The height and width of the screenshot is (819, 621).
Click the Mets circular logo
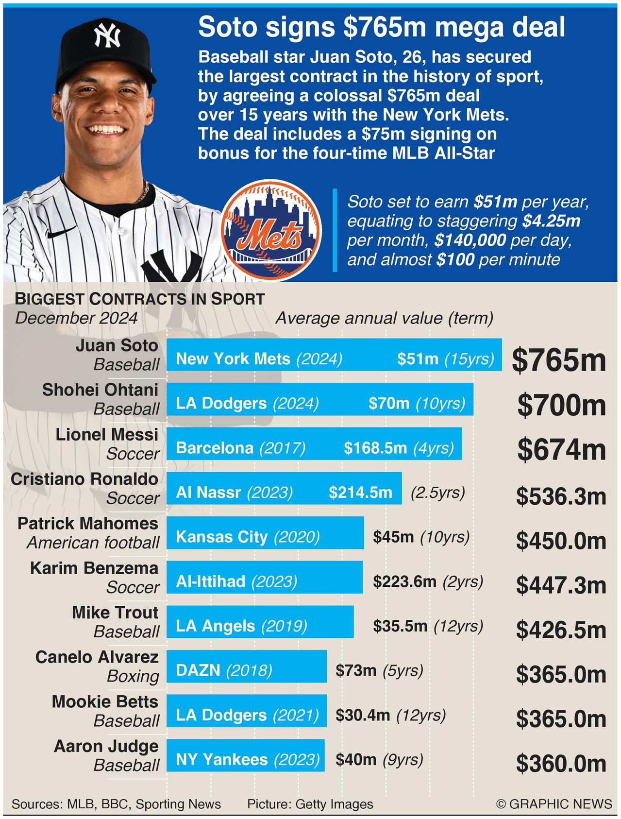click(x=271, y=230)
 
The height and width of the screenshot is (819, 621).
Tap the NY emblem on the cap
click(x=107, y=35)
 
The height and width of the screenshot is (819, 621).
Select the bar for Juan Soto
click(x=334, y=355)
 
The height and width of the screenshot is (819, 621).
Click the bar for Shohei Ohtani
click(x=319, y=399)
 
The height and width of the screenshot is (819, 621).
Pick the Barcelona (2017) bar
click(x=314, y=444)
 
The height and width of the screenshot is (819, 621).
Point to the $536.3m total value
click(x=561, y=496)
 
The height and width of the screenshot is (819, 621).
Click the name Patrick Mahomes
click(x=88, y=524)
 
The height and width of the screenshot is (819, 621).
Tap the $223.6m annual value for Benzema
click(x=404, y=581)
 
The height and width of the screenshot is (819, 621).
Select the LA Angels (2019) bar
click(x=260, y=622)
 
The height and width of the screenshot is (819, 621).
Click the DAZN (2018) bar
click(x=246, y=666)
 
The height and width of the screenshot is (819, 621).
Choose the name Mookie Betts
click(x=105, y=702)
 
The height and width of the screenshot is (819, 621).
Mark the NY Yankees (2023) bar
click(x=245, y=755)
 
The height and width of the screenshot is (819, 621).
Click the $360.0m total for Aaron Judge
click(x=561, y=764)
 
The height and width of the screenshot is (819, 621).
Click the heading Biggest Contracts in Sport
click(x=140, y=299)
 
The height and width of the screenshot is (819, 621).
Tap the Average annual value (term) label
click(x=384, y=318)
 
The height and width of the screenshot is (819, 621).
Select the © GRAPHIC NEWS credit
click(x=554, y=804)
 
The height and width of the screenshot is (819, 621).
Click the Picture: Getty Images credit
click(x=310, y=804)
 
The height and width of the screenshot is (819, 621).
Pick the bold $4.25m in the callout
click(x=552, y=221)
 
